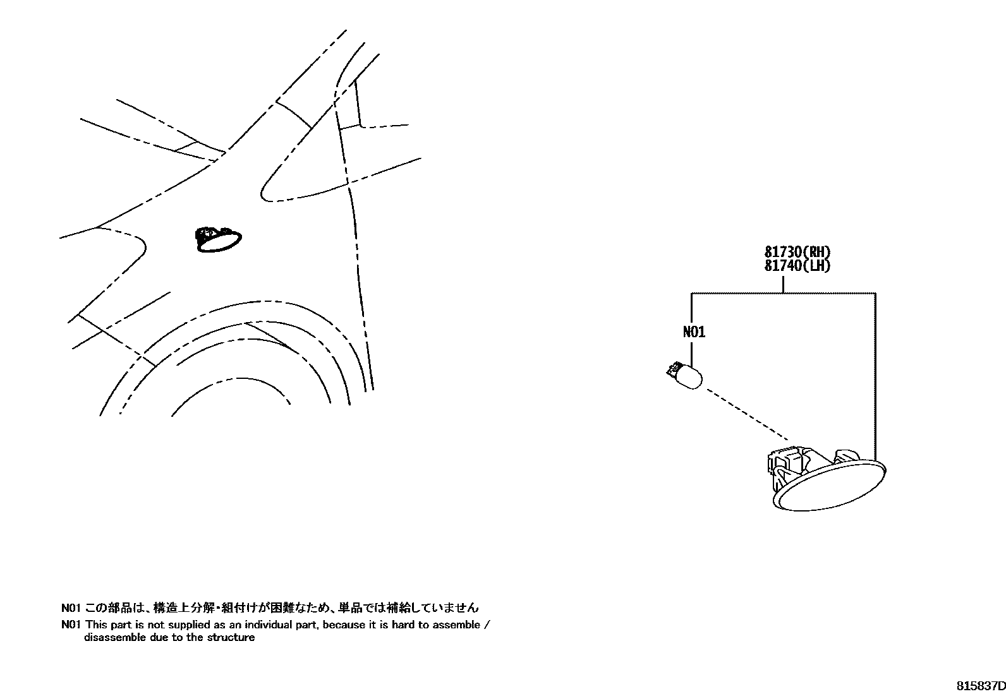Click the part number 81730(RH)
pyautogui.click(x=797, y=253)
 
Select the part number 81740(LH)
pyautogui.click(x=797, y=266)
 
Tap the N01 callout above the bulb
pyautogui.click(x=694, y=332)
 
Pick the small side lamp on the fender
pyautogui.click(x=218, y=241)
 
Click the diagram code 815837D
pyautogui.click(x=980, y=686)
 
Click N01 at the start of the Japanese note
pyautogui.click(x=70, y=608)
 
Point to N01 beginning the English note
pyautogui.click(x=70, y=625)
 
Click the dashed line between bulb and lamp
pyautogui.click(x=746, y=414)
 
